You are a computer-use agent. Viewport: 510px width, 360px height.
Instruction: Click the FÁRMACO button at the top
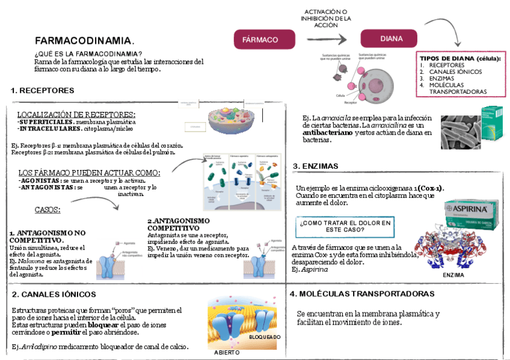coord(260,40)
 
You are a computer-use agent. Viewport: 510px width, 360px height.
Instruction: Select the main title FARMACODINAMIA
coord(84,41)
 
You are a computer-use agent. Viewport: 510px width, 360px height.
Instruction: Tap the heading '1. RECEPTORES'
coord(42,91)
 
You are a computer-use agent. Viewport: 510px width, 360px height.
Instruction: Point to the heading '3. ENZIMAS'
coord(316,166)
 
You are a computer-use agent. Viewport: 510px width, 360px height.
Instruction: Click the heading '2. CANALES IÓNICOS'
coord(54,294)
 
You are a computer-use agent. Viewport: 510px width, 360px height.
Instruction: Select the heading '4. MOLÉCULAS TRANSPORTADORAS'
coord(361,294)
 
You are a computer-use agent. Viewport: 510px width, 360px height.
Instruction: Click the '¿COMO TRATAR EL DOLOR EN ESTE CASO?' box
coord(345,226)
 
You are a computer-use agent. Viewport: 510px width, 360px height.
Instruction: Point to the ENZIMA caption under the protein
coord(453,275)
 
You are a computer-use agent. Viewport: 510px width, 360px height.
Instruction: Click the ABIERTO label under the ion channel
coord(226,353)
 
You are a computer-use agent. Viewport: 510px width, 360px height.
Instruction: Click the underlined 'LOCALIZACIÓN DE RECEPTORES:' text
coord(76,114)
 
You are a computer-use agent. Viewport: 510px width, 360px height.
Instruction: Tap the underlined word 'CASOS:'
coord(48,210)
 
